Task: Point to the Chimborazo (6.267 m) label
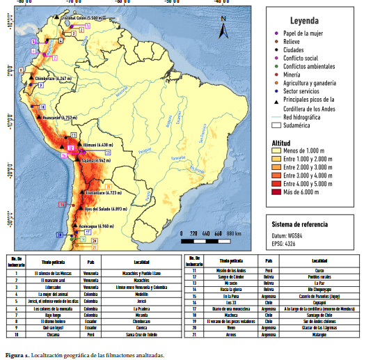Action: [53, 79]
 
